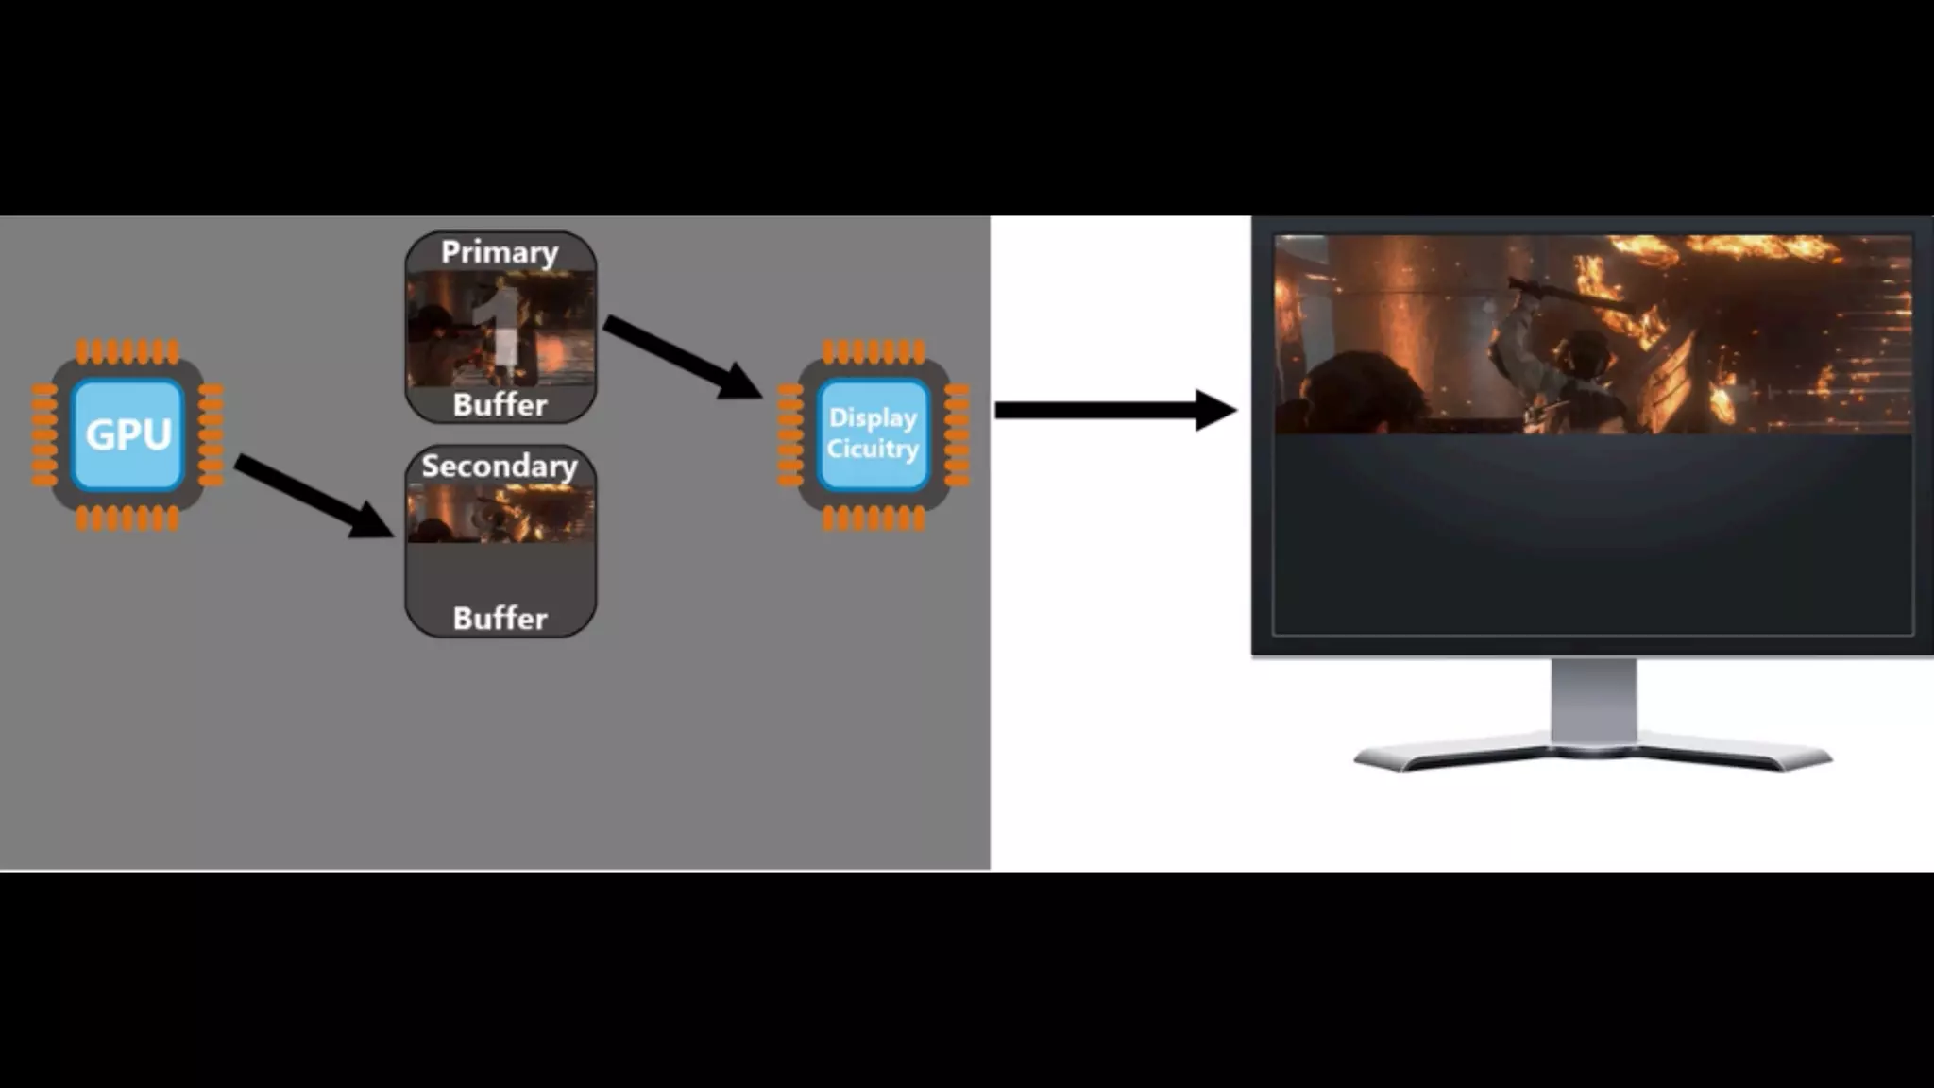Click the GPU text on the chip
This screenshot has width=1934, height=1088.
click(x=128, y=434)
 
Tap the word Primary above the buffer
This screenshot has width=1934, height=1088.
click(x=500, y=253)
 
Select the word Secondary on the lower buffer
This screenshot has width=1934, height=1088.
click(x=500, y=467)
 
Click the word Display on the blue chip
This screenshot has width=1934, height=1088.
click(x=873, y=417)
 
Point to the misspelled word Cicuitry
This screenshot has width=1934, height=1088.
click(x=873, y=449)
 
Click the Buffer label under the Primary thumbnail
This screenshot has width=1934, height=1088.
click(x=500, y=405)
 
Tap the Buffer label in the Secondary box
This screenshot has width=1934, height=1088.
click(x=500, y=619)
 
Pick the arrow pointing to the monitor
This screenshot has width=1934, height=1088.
click(x=1114, y=410)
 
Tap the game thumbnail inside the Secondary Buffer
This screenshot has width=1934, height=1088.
click(x=500, y=514)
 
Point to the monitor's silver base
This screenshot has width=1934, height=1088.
click(x=1593, y=756)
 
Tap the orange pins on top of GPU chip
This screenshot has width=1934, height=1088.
click(x=127, y=351)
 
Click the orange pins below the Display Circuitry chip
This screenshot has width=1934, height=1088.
click(x=874, y=518)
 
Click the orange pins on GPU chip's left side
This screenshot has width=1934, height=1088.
click(x=44, y=434)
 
